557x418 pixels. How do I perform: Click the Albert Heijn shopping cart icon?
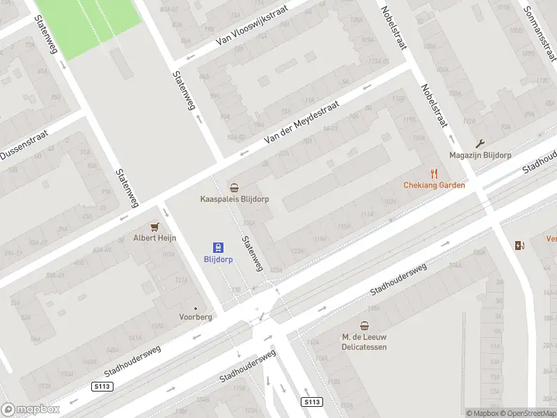click(155, 226)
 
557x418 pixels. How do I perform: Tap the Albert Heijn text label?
click(155, 238)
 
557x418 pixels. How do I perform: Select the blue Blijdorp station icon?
click(219, 247)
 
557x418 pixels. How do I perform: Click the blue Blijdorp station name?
click(219, 259)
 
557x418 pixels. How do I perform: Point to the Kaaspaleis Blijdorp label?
click(235, 199)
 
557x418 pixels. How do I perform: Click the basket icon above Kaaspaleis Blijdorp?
click(235, 187)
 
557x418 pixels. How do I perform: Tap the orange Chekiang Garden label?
click(434, 185)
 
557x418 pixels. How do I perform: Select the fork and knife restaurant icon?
click(434, 173)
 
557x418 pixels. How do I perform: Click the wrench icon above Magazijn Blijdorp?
click(480, 144)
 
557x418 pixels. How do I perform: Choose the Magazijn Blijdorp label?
click(480, 155)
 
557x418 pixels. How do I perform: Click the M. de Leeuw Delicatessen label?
click(364, 342)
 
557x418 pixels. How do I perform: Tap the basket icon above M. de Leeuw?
click(364, 326)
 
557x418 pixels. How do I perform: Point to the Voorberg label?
click(195, 317)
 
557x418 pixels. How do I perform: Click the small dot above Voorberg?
click(195, 308)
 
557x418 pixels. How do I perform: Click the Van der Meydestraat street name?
click(301, 122)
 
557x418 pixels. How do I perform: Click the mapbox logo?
click(31, 409)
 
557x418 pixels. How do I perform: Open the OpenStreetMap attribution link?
click(526, 413)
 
